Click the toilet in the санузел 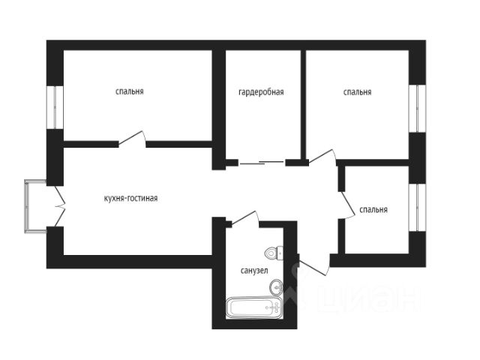point(274,253)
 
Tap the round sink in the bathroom point(277,287)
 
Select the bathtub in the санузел point(254,307)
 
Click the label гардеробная point(261,92)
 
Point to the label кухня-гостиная point(131,198)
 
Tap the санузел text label point(254,271)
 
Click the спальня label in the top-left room point(130,91)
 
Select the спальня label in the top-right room point(357,92)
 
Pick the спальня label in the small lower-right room point(373,210)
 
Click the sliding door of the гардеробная point(262,163)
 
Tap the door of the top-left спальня point(132,138)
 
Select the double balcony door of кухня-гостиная point(60,206)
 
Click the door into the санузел point(245,218)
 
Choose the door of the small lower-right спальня point(346,205)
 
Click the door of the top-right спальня point(322,157)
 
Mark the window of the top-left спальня point(55,107)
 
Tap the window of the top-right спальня point(417,108)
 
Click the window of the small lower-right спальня point(417,207)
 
